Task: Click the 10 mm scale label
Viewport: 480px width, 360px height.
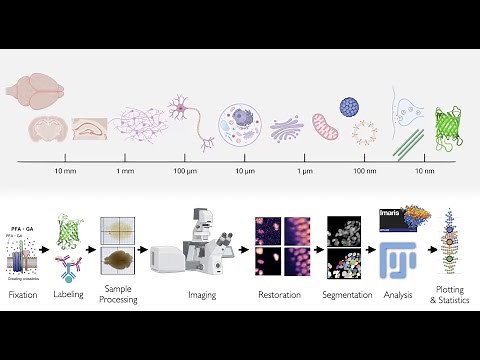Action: [x=64, y=172]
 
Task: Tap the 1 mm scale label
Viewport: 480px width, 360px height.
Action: [x=125, y=172]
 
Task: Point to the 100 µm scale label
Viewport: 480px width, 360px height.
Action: [x=185, y=172]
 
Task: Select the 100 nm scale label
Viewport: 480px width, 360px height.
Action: [x=365, y=172]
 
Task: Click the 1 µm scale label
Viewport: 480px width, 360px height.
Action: [x=305, y=172]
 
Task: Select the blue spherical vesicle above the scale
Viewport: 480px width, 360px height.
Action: [x=350, y=106]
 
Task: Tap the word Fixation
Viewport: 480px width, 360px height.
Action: [x=23, y=295]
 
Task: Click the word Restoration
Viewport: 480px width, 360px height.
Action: [x=279, y=295]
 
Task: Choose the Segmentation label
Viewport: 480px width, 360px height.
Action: [x=347, y=295]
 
